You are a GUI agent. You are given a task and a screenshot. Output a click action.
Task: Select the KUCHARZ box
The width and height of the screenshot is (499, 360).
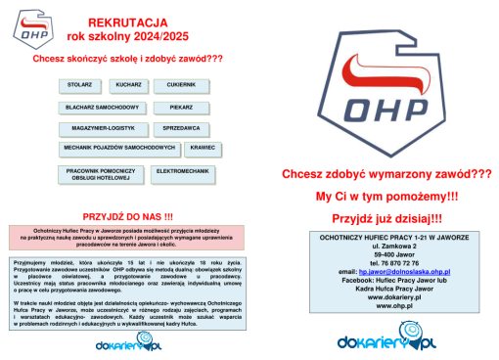coord(128,86)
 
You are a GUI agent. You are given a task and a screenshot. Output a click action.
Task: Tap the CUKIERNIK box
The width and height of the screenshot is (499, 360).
coord(181,86)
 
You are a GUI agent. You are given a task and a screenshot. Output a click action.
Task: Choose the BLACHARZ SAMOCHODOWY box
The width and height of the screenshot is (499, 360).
coord(102,107)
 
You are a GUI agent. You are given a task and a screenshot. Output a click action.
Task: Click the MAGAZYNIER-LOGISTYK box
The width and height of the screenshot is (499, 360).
coord(104,128)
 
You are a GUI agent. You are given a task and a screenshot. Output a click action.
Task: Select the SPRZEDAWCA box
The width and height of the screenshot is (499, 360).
coord(182,128)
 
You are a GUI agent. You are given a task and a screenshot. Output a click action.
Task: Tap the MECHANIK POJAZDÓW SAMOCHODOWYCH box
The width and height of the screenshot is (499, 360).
coord(119,148)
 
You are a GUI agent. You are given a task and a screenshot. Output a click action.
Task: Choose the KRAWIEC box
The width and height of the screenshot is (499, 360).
coord(203,148)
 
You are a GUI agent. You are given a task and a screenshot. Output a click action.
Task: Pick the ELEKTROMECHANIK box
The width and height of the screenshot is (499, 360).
coord(182,172)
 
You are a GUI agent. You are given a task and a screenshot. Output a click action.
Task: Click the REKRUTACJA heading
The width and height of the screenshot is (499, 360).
coord(127,22)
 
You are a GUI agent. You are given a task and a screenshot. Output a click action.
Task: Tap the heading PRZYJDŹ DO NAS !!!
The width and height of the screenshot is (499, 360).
coord(127,216)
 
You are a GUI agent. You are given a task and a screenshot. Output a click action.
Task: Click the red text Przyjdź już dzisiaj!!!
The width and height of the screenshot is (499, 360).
coord(386,218)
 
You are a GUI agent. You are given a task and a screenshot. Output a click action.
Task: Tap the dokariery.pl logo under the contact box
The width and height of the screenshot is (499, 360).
coord(386,341)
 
